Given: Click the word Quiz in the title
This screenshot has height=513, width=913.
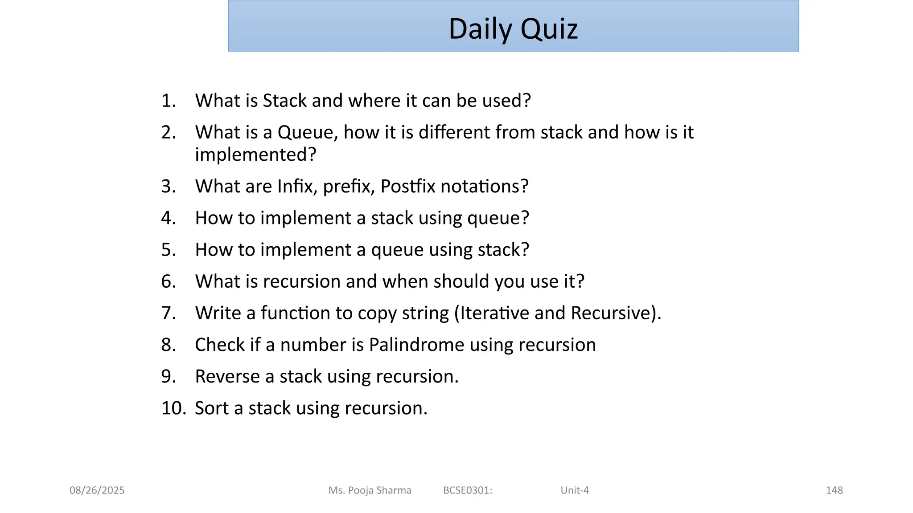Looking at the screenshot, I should tap(549, 29).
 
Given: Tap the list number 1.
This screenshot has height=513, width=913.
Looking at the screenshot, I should tap(168, 101).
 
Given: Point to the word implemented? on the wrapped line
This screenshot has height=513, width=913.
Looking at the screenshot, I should tap(255, 155).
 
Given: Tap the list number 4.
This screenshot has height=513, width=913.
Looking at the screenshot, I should tap(168, 218).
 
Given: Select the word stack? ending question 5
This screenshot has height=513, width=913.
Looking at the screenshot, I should tap(503, 250).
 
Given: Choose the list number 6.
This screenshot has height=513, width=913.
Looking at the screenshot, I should tap(168, 281).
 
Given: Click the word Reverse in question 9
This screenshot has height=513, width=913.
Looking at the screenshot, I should tap(227, 377).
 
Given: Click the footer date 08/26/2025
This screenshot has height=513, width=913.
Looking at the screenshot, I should tap(97, 490).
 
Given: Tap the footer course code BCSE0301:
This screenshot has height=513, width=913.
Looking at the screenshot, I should tap(468, 490).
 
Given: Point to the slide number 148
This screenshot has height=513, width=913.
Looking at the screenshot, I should tap(834, 490).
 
